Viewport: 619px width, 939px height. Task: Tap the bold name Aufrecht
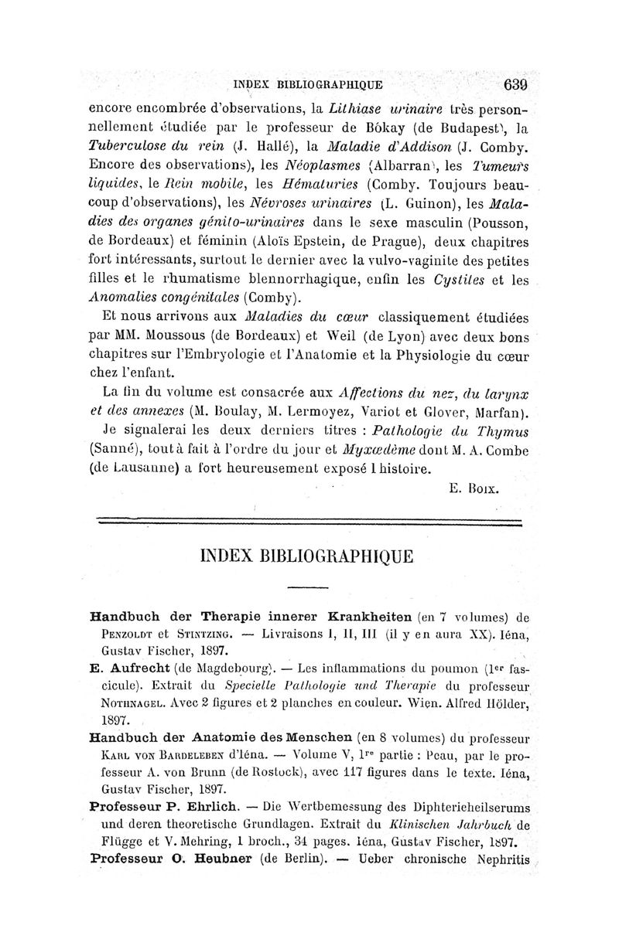click(x=139, y=666)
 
